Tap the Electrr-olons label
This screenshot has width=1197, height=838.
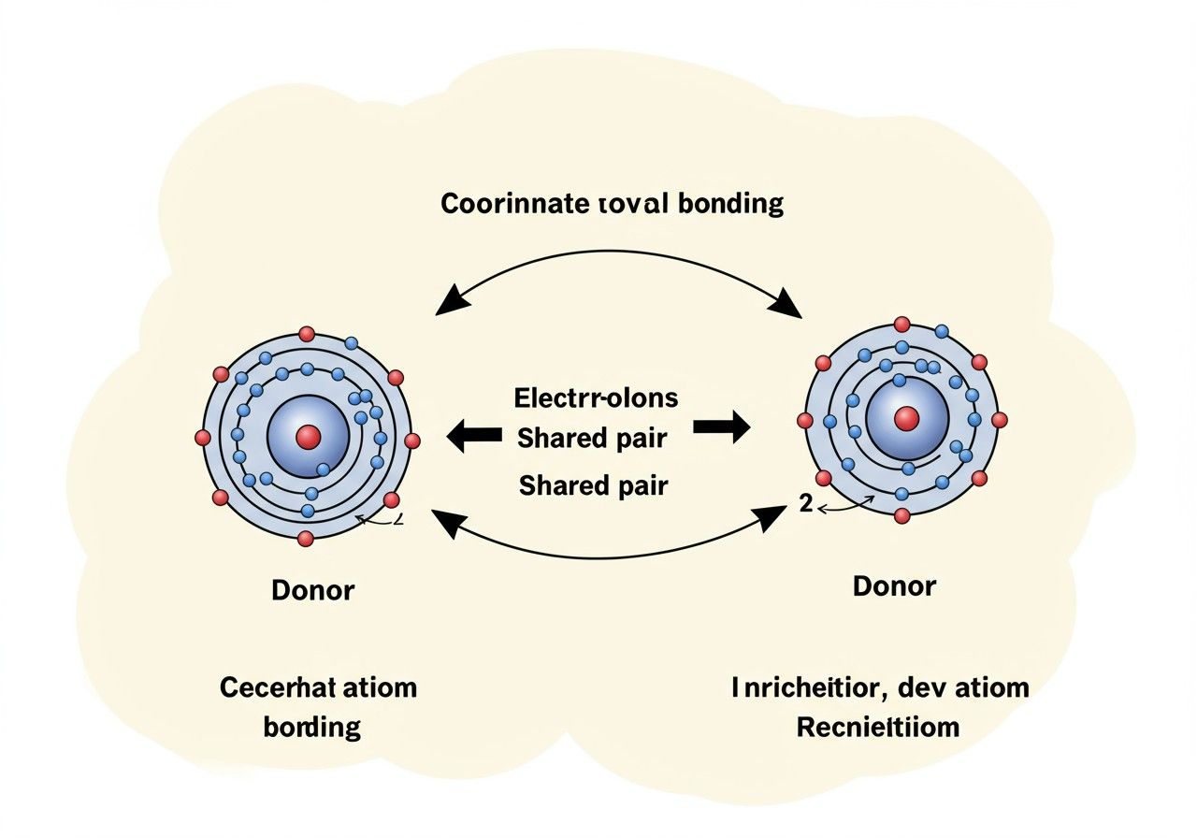click(x=596, y=397)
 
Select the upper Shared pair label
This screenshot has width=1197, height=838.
click(x=592, y=437)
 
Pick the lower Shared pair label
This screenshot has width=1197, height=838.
click(x=592, y=486)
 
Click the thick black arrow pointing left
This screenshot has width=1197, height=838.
click(x=474, y=436)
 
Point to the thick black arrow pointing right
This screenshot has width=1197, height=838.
click(x=721, y=428)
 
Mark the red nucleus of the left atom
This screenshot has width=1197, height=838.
click(x=308, y=436)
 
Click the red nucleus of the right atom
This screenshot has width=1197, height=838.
click(x=905, y=419)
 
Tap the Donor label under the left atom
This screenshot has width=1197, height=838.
click(x=313, y=590)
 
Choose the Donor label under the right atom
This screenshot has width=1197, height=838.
click(x=894, y=586)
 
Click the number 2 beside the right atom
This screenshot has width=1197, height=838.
click(x=805, y=503)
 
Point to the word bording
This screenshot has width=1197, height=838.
click(x=312, y=727)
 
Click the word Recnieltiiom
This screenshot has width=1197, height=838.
click(x=878, y=727)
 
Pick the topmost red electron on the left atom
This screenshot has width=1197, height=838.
click(x=306, y=334)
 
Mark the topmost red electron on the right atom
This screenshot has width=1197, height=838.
click(x=901, y=325)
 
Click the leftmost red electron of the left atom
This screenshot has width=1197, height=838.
click(x=202, y=437)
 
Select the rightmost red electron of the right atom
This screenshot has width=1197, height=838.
click(x=1000, y=420)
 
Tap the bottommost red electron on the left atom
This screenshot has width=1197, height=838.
click(x=305, y=538)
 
